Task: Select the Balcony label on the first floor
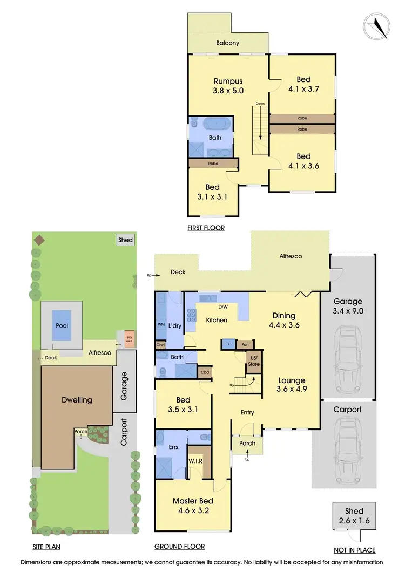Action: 228,43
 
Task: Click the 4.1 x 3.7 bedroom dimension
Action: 303,89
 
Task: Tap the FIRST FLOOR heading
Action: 206,228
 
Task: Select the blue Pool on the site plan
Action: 62,325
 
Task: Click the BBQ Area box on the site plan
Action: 129,338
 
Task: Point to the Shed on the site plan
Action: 125,240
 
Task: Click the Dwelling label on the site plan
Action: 77,400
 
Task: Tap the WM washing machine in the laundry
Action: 161,325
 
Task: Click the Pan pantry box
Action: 245,344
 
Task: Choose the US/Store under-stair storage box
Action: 254,361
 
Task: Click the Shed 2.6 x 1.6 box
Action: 354,515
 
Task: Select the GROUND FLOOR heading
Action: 180,546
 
